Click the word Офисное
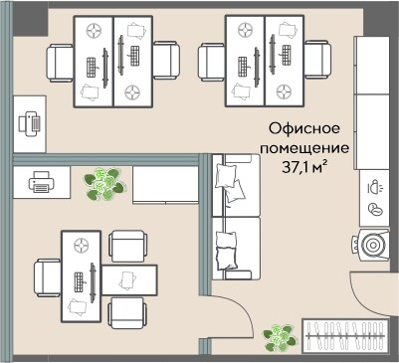pos(305,129)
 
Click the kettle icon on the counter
pos(374,186)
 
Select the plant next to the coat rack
pos(280,339)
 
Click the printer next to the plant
pos(41,182)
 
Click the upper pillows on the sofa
pos(228,179)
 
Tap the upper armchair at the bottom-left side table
pos(127,246)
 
